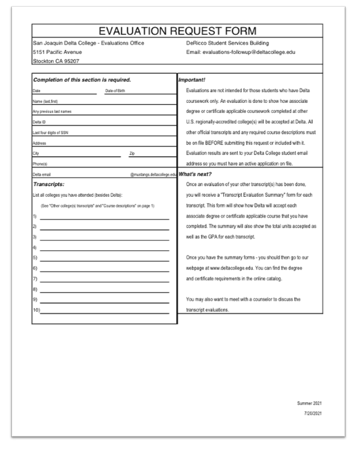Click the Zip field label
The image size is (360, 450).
click(132, 152)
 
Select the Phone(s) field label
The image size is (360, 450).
click(41, 163)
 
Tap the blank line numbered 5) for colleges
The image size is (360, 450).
click(104, 258)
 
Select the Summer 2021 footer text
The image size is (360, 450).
click(309, 403)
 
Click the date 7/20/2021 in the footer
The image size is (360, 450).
click(312, 414)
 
